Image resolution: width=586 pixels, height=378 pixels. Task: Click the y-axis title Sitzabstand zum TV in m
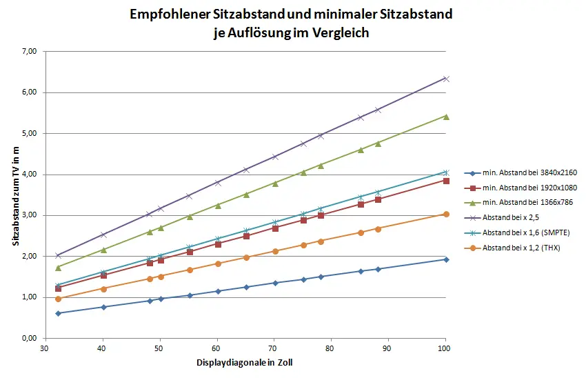tap(14, 195)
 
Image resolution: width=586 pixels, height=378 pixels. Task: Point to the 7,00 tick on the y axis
tap(29, 51)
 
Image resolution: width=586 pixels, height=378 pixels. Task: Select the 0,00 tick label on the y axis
tap(29, 338)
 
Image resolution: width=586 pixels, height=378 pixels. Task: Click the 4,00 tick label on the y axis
tap(29, 174)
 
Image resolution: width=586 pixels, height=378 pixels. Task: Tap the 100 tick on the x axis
tap(445, 348)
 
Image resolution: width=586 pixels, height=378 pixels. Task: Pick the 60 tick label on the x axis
tap(217, 348)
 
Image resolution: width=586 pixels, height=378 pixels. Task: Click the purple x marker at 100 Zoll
tap(446, 79)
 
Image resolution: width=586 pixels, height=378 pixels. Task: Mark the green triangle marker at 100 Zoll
tap(446, 117)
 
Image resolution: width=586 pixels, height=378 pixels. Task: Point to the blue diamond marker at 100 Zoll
tap(446, 259)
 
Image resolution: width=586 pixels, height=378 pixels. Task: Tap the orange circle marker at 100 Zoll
tap(446, 215)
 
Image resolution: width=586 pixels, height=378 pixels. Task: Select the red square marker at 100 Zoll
tap(446, 181)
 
